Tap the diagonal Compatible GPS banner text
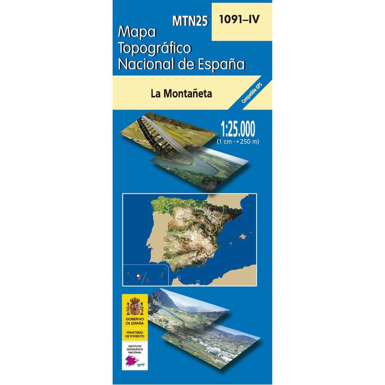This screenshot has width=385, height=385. pos(252,93)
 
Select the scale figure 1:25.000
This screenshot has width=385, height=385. pos(238,129)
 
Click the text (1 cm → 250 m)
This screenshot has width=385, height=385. pos(238,141)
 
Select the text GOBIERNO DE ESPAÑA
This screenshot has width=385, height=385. pos(135,321)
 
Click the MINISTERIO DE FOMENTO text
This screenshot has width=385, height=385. pos(135,334)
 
